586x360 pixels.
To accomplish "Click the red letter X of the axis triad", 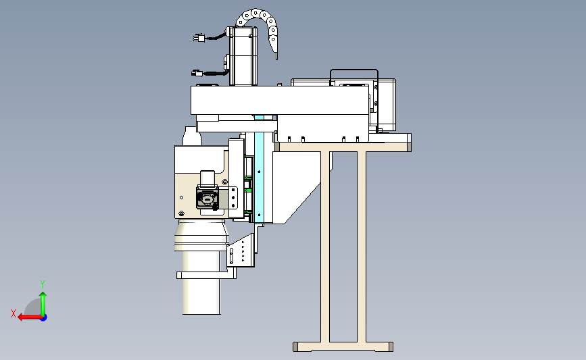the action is [x=14, y=313].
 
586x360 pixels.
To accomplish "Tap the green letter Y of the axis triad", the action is [x=43, y=284].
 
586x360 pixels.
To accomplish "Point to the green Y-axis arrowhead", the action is [x=43, y=295].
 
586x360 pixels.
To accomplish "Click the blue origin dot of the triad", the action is [x=43, y=318].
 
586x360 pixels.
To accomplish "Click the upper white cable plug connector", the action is [x=199, y=38].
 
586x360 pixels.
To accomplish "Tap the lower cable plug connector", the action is [x=197, y=73].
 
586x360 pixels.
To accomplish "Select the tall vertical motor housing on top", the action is [x=243, y=56].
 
